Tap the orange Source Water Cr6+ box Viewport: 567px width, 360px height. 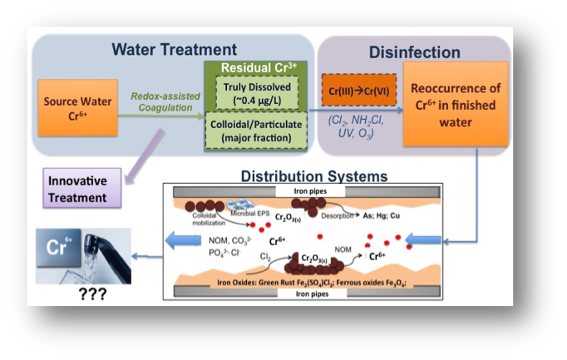73,109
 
